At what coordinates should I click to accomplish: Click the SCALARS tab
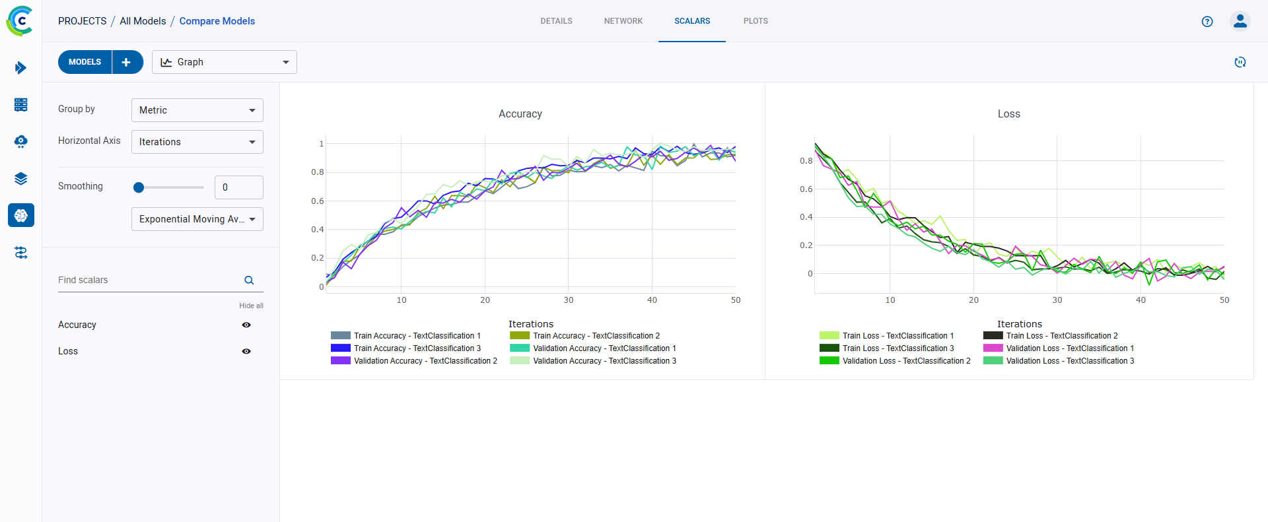click(x=691, y=21)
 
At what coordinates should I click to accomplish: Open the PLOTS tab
click(x=755, y=21)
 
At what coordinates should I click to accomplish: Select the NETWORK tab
click(x=623, y=21)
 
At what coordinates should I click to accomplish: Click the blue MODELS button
click(x=85, y=62)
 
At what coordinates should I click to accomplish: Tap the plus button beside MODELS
click(x=127, y=62)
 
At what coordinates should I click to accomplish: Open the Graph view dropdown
click(x=224, y=62)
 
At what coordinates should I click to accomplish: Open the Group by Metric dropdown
click(x=197, y=110)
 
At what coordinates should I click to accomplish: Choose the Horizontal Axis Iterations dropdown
click(x=197, y=142)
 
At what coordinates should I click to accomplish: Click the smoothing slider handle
click(x=139, y=187)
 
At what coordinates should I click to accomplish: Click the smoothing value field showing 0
click(x=238, y=187)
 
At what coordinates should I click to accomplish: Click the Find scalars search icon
click(x=249, y=280)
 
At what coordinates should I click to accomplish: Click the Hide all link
click(x=251, y=306)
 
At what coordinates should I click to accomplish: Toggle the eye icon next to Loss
click(x=246, y=351)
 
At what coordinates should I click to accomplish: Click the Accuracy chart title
click(x=520, y=114)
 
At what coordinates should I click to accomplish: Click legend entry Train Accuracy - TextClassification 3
click(x=416, y=348)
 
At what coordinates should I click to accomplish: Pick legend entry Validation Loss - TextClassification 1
click(x=1069, y=348)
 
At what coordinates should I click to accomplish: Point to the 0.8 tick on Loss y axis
click(x=806, y=160)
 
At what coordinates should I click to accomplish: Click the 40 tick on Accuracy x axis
click(x=652, y=300)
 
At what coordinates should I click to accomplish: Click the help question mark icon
click(x=1207, y=21)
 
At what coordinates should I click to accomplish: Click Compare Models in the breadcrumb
click(x=217, y=21)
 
